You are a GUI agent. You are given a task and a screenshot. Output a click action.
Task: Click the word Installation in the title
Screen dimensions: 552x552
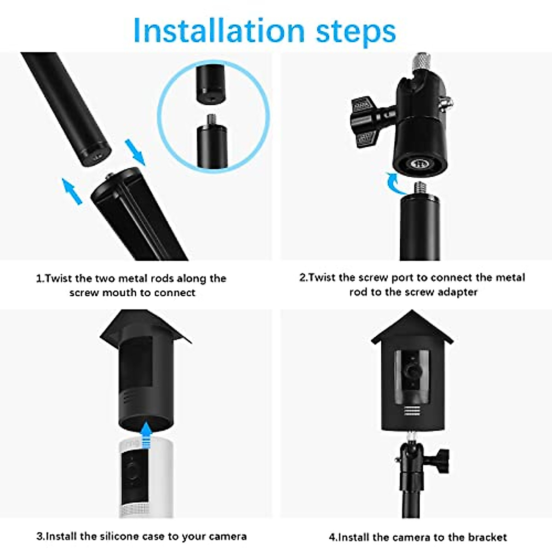[x=218, y=30]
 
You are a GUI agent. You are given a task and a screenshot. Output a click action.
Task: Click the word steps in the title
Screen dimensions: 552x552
[x=356, y=31]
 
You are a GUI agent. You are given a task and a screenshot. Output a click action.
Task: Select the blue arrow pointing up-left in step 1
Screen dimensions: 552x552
[x=72, y=191]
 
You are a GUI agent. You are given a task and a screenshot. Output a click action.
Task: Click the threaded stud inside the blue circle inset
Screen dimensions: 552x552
[x=212, y=121]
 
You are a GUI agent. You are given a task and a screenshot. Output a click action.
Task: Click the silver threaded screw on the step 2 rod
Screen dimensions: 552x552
[x=420, y=189]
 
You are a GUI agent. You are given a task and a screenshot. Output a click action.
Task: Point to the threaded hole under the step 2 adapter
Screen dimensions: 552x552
[x=420, y=163]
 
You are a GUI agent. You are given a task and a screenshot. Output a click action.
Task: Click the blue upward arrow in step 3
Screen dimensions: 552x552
[x=146, y=435]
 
